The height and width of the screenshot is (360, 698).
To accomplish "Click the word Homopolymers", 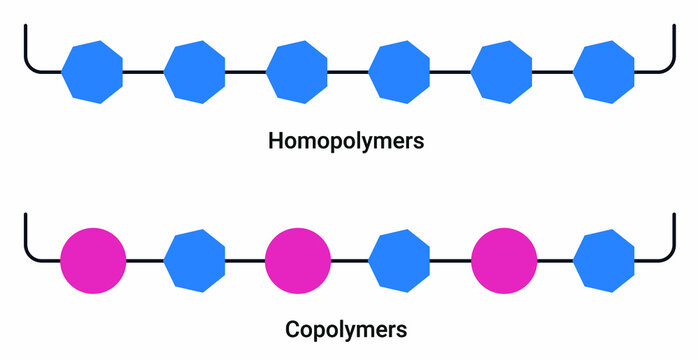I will coord(346,141).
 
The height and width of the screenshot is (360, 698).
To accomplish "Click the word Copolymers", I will coord(346,328).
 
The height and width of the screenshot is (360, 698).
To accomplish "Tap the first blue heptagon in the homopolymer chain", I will coord(92,72).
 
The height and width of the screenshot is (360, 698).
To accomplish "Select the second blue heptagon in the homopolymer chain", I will coord(195,72).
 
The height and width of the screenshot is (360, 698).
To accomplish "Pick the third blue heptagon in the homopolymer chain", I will coord(297,72).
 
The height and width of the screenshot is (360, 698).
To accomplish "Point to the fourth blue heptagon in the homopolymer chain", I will coord(399,72).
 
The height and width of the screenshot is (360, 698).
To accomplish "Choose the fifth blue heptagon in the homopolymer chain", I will coord(501,72).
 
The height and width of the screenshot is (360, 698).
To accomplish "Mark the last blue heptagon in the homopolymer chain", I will coord(603,72).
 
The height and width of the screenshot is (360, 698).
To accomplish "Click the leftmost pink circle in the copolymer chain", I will coord(93,260).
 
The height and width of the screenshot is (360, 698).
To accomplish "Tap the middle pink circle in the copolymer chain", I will coord(297,260).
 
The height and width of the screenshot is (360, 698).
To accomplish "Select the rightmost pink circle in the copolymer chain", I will coord(501,260).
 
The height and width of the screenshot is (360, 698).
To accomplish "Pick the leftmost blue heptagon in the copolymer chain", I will coord(195,260).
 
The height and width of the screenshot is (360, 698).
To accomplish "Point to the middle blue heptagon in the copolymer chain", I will coord(399,260).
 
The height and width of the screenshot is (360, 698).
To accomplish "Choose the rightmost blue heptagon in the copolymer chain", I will coord(603,260).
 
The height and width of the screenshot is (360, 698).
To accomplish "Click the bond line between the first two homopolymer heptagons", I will coord(144,72).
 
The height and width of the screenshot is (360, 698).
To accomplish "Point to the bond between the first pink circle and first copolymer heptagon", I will coord(145,260).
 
